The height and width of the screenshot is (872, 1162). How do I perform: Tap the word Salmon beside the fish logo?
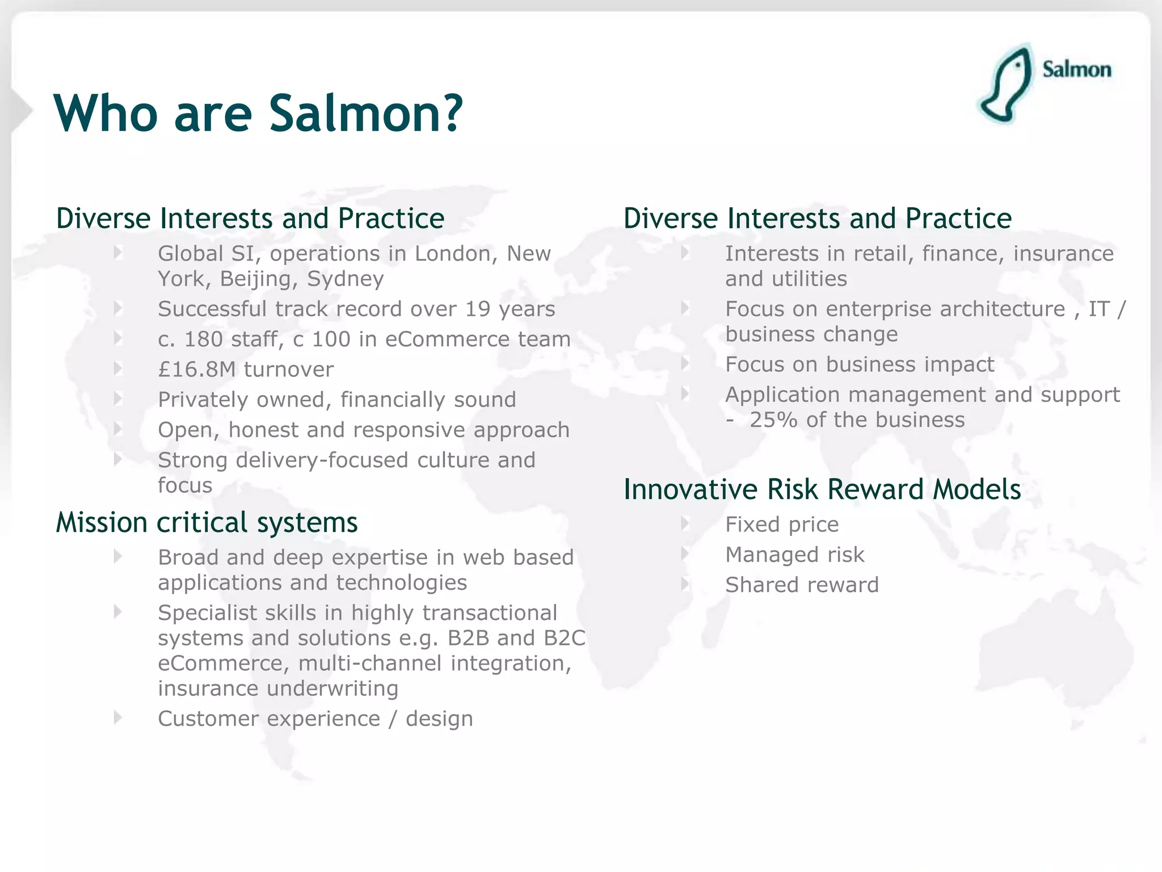coord(1076,70)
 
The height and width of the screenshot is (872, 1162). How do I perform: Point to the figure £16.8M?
coord(196,370)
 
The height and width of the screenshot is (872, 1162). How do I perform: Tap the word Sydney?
coord(345,279)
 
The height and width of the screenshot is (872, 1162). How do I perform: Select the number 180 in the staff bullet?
coord(203,339)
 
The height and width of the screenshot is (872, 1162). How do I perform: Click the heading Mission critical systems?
coord(207,522)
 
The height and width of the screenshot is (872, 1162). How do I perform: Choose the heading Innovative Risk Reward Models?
coord(822,489)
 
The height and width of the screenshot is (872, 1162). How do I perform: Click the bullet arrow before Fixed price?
coord(685,523)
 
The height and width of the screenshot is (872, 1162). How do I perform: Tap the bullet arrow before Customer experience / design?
coord(118,718)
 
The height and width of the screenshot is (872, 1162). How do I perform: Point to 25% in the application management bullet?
coord(773,420)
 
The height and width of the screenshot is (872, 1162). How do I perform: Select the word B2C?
coord(564,638)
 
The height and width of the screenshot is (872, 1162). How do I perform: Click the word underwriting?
coord(332,689)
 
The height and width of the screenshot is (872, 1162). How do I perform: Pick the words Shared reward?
coord(802,585)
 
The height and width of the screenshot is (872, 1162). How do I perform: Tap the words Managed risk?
coord(794,555)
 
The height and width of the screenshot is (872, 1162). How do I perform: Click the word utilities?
coord(814,279)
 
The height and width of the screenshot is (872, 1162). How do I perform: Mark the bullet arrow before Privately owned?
coord(118,399)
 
